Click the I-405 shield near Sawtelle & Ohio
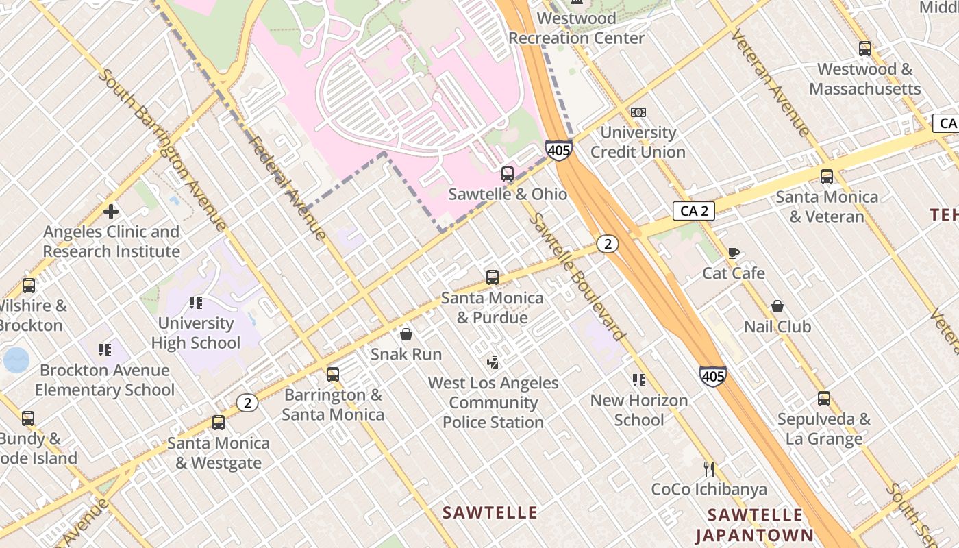[x=559, y=150]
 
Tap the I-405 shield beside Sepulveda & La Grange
[x=713, y=376]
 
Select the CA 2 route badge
[x=694, y=211]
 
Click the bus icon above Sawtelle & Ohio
[x=507, y=174]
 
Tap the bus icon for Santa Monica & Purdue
[x=493, y=277]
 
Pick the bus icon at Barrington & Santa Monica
[x=333, y=375]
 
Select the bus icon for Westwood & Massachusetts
[x=865, y=49]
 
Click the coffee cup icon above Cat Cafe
[x=734, y=253]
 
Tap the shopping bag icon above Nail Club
[x=777, y=306]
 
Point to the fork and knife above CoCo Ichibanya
[x=709, y=469]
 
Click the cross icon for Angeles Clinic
[x=111, y=212]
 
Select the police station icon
[x=493, y=362]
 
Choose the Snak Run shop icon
[x=406, y=334]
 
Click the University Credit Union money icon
[x=638, y=112]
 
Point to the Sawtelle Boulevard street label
[x=578, y=277]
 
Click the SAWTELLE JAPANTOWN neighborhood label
[x=754, y=525]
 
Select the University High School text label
[x=196, y=333]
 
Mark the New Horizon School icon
[x=639, y=380]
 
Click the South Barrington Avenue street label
[x=162, y=149]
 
